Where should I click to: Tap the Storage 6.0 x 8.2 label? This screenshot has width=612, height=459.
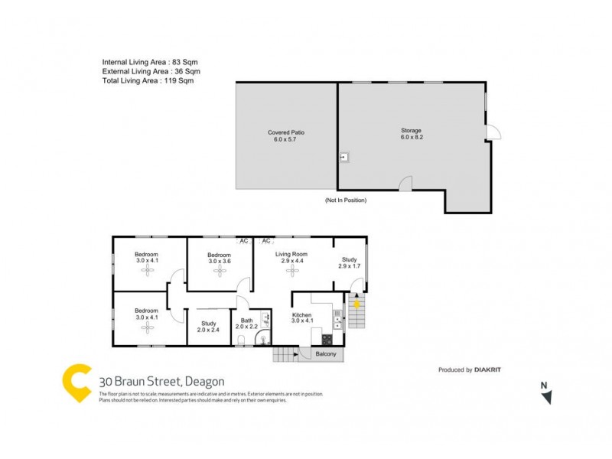click(x=411, y=134)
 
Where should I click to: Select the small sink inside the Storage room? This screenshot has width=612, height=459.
click(x=344, y=157)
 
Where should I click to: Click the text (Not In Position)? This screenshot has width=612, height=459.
click(x=346, y=200)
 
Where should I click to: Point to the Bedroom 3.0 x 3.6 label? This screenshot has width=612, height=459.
click(x=220, y=258)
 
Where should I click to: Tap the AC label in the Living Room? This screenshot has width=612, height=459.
click(x=267, y=241)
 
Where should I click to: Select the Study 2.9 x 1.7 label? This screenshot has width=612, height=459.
click(x=349, y=262)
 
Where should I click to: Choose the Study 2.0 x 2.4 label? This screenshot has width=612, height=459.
click(x=208, y=327)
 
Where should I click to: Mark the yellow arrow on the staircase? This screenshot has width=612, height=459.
click(x=356, y=304)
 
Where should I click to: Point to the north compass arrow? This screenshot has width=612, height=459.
click(x=545, y=397)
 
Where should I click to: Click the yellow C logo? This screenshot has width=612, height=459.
click(x=77, y=383)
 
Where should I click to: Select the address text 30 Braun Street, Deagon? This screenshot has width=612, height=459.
click(x=161, y=381)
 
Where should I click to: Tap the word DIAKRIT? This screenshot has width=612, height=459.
click(x=494, y=369)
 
